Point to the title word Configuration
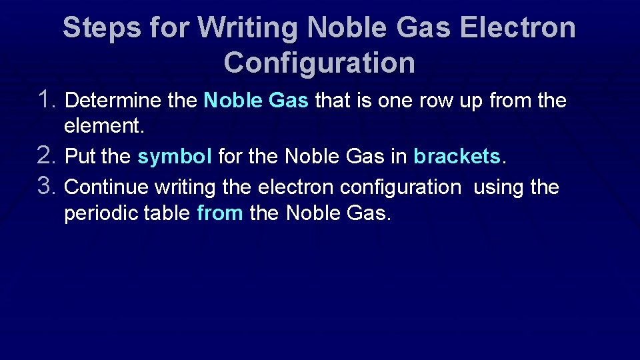[x=319, y=63]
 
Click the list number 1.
[x=49, y=100]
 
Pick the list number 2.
[x=50, y=155]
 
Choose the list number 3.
[x=50, y=187]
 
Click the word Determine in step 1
[x=113, y=101]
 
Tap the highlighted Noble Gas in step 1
[x=256, y=101]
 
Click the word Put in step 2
[x=80, y=157]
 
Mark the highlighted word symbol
[x=175, y=157]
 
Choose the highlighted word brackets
[x=457, y=157]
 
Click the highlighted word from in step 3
[x=220, y=214]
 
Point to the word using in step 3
[x=499, y=188]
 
